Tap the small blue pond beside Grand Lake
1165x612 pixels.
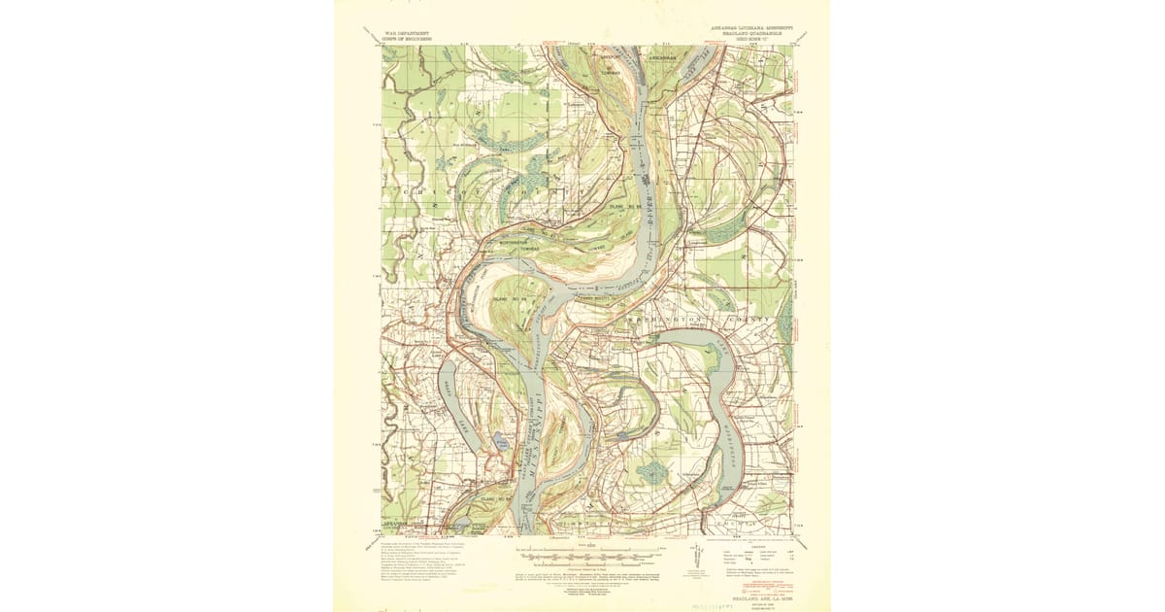coord(501,442)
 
